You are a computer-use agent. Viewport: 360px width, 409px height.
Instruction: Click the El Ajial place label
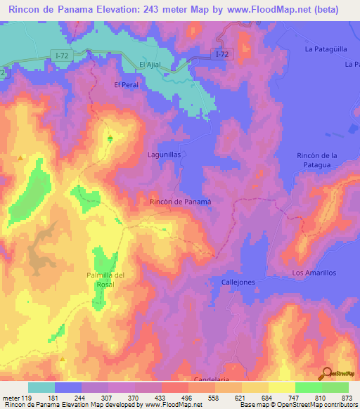151,65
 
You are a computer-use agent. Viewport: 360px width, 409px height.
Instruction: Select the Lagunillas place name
165,153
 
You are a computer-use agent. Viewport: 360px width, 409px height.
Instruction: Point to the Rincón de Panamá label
181,202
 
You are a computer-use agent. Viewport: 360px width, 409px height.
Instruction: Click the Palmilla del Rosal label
105,280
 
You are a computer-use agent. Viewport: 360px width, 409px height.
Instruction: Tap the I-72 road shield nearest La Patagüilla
222,53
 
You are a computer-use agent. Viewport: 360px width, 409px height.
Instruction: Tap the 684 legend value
269,398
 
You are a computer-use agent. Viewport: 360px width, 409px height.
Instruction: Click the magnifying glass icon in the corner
327,374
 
